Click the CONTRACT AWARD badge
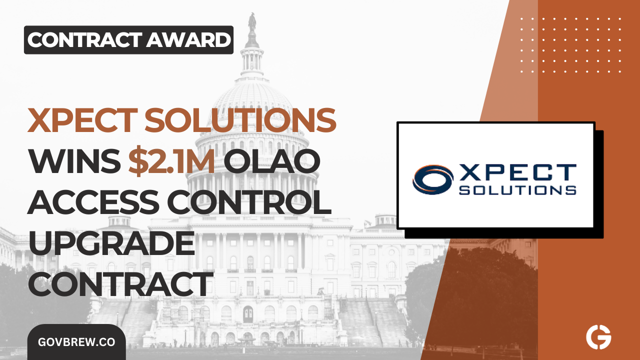(128, 40)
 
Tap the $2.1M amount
(171, 162)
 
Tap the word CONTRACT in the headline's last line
(118, 284)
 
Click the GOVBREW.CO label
(76, 342)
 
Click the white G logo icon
(598, 338)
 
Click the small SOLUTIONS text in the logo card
(517, 190)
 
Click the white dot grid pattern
(570, 45)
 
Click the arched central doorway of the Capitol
(248, 313)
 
